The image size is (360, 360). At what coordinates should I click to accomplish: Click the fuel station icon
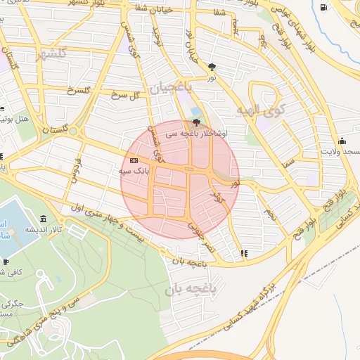[323, 8]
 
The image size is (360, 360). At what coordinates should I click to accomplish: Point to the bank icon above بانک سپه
[134, 161]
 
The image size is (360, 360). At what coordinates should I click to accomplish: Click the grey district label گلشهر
[53, 53]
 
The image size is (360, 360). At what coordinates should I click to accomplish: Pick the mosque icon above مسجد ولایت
[342, 140]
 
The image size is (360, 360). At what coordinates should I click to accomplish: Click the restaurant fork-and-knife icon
[243, 253]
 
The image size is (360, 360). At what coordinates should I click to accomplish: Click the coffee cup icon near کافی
[6, 262]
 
